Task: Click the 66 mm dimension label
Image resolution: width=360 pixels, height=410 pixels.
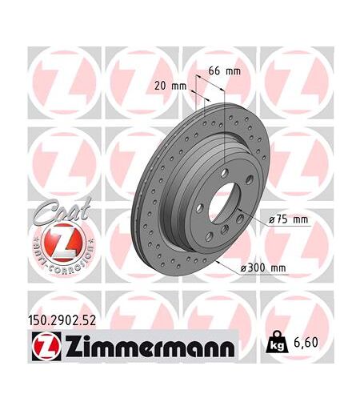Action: (224, 71)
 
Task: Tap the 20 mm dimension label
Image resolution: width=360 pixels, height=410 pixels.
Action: (170, 86)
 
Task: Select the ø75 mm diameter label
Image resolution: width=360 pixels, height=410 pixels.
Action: (288, 219)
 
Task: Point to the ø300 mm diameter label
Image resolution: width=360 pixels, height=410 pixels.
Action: (263, 267)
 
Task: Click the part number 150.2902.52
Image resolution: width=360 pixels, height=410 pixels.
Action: (62, 320)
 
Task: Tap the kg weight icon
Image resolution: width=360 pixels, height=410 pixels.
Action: (278, 342)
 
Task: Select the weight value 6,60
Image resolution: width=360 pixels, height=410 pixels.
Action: (306, 343)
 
